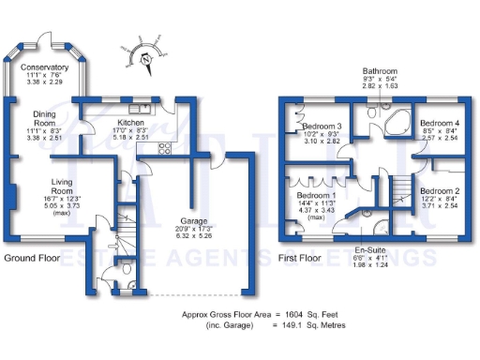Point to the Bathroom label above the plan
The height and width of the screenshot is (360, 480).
click(x=382, y=70)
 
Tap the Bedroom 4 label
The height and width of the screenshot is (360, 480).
click(x=438, y=123)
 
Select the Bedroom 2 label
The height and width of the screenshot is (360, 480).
click(x=438, y=190)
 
